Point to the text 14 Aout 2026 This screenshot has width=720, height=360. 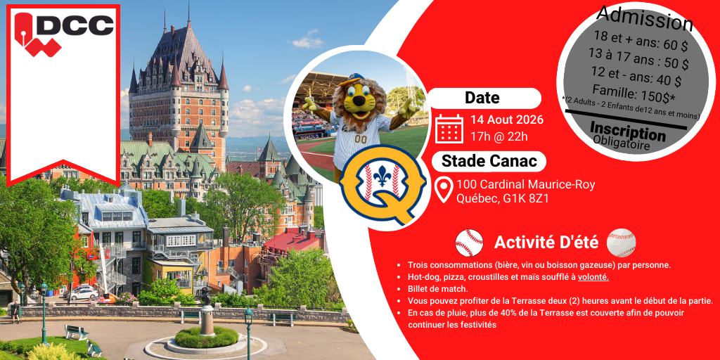(x=506, y=120)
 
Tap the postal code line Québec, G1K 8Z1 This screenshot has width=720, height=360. (x=502, y=199)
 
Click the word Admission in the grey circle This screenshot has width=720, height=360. (x=645, y=18)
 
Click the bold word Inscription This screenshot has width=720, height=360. (x=627, y=131)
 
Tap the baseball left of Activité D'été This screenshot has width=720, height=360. (x=469, y=243)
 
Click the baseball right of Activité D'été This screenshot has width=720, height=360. (x=622, y=243)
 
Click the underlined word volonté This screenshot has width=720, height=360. (x=593, y=277)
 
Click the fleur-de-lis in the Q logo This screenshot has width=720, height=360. (x=382, y=176)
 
